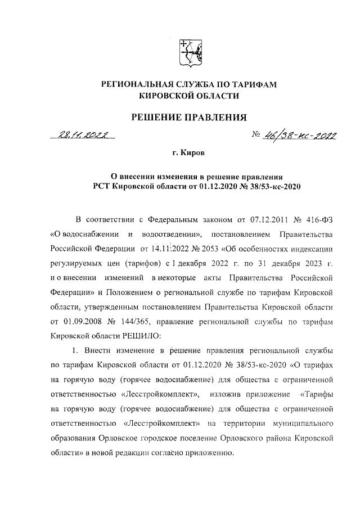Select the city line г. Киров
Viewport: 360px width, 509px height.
pyautogui.click(x=189, y=153)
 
